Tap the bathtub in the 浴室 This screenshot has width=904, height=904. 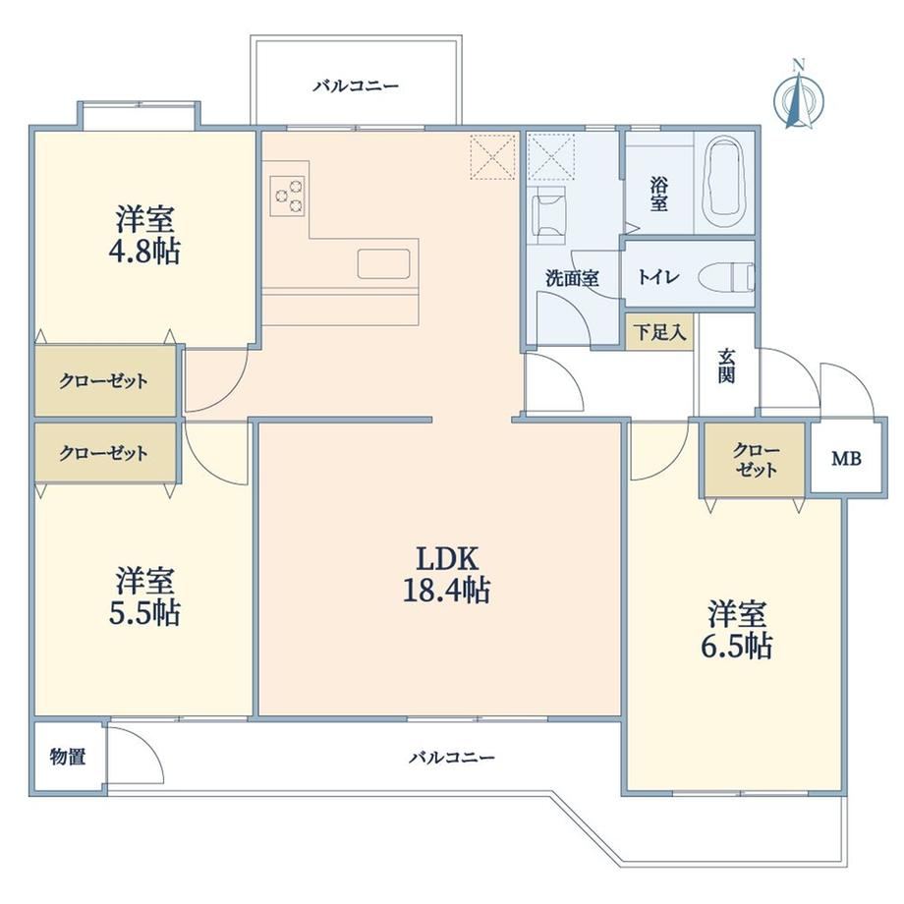[725, 183]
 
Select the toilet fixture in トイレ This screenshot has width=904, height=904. [727, 276]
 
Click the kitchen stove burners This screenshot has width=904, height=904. [289, 196]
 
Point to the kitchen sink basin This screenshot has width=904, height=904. [383, 263]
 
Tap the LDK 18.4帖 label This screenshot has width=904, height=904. [447, 574]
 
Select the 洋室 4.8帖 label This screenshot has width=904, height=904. [144, 235]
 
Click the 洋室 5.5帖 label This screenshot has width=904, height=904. [144, 596]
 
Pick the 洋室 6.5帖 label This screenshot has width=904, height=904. [737, 630]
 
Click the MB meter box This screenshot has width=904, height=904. [846, 458]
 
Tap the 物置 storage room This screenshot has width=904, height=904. [69, 757]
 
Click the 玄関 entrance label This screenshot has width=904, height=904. [726, 367]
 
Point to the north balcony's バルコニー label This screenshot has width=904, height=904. [356, 86]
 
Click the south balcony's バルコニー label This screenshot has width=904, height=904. [452, 757]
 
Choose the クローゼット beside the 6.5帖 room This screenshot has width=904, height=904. [755, 460]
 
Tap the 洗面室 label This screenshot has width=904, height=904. [572, 278]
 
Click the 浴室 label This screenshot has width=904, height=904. [659, 194]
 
